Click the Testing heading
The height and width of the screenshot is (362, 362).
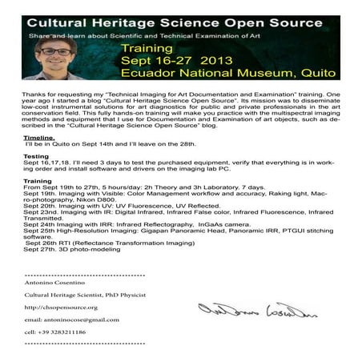click(36, 155)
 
